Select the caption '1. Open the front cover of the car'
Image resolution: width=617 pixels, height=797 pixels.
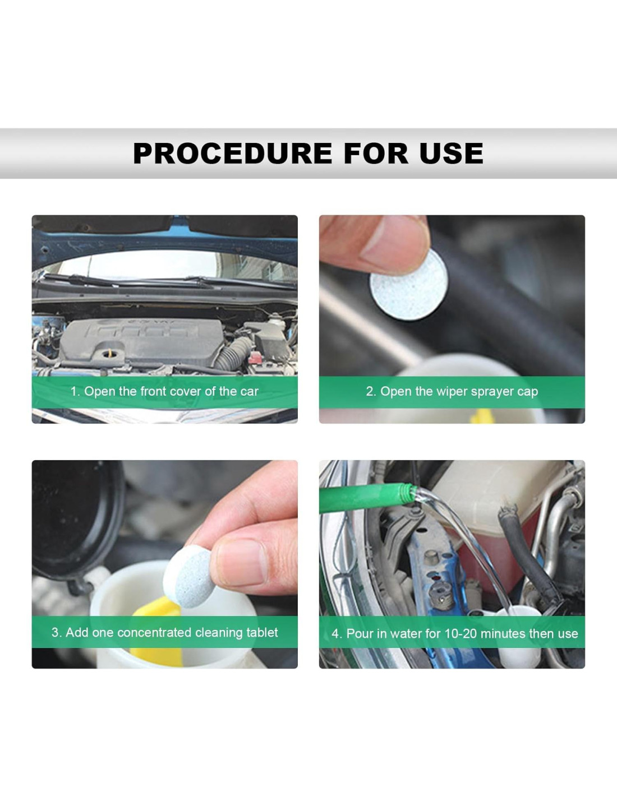point(164,391)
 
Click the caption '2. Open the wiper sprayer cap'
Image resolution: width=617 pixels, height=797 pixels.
point(452,392)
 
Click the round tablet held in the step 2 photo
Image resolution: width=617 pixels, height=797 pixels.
point(407,284)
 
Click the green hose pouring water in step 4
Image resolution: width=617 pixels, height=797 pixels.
point(367,498)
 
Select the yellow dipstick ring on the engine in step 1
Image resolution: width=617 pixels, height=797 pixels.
point(109,354)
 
